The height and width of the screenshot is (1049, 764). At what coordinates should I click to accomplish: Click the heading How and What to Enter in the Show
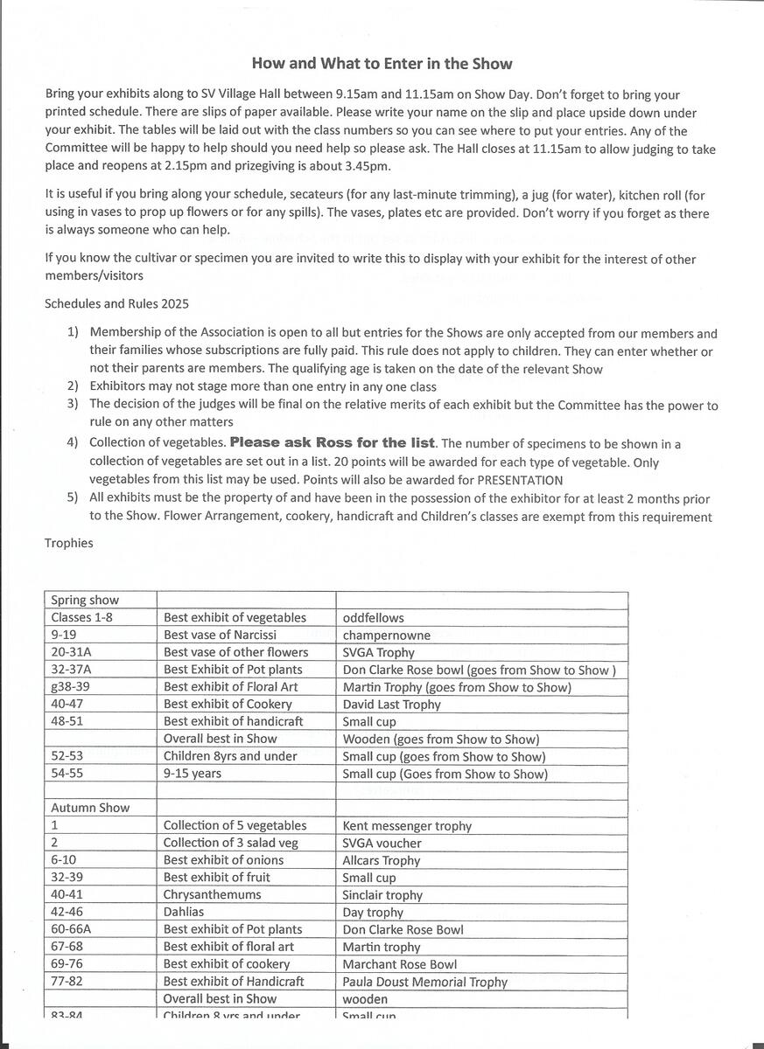point(382,64)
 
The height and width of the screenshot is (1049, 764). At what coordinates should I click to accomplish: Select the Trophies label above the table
point(68,543)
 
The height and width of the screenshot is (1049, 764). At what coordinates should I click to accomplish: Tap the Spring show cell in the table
point(85,601)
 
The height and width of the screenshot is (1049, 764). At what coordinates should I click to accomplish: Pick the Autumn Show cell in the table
point(90,808)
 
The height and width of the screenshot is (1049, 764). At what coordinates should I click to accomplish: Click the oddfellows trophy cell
point(374,618)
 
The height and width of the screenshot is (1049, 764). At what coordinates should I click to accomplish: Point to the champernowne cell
point(387,636)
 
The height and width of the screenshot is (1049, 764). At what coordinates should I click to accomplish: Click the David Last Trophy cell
point(392,705)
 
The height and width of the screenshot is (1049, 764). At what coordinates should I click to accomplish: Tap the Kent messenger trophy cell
point(407,826)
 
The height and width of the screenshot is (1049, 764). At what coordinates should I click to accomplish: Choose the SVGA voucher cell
point(382,844)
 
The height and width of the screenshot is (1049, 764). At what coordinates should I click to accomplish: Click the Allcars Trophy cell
point(382,861)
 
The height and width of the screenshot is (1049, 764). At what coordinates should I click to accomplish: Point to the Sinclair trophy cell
point(382,895)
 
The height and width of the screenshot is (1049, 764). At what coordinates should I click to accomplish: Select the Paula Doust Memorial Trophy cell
point(425,982)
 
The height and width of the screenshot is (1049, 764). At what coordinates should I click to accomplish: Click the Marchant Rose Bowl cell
point(400,964)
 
